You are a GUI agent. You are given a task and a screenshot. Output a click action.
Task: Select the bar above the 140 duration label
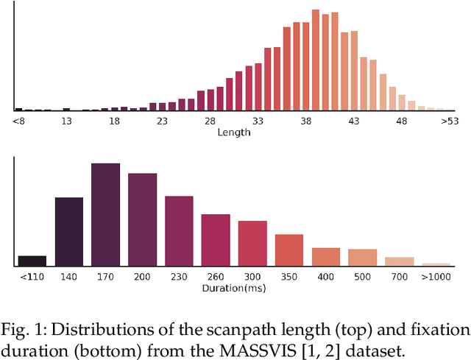[69, 232]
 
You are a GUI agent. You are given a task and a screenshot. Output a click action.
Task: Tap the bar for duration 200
[142, 219]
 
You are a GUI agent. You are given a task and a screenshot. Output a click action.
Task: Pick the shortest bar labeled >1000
[436, 264]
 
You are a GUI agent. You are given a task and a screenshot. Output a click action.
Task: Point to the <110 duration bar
[32, 261]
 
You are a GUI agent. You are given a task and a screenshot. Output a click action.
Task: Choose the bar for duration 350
[289, 250]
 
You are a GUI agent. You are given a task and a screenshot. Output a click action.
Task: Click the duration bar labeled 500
[362, 257]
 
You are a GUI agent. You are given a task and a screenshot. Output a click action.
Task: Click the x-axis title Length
[234, 133]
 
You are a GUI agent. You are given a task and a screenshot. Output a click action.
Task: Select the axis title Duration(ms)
[234, 288]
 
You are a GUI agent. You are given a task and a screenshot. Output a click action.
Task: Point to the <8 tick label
[19, 121]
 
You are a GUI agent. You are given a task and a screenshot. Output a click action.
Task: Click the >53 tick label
[448, 121]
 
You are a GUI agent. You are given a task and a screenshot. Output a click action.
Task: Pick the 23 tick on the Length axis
[163, 121]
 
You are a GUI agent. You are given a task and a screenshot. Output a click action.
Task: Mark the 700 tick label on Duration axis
[399, 277]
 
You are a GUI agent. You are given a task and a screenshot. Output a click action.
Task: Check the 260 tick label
[216, 277]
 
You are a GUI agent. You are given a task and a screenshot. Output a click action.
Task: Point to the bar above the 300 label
[252, 243]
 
